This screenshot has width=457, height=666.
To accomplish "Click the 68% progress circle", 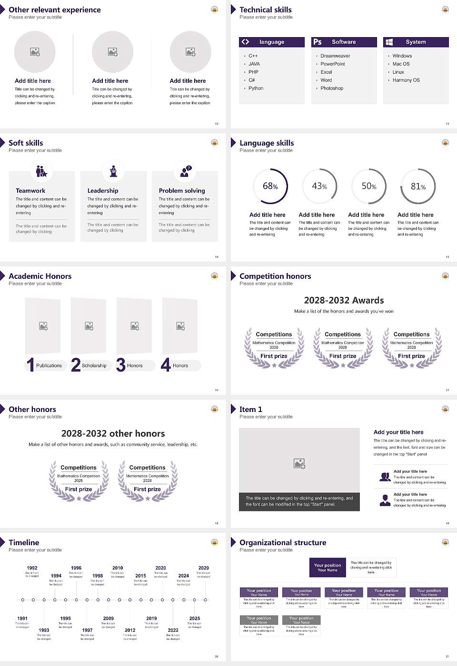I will tap(270, 186).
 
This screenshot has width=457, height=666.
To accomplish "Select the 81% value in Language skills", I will tap(418, 186).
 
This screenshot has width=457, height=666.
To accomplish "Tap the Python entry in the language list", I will tap(256, 88).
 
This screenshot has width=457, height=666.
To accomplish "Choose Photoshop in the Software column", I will tap(331, 88).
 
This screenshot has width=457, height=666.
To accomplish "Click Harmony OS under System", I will tap(406, 80).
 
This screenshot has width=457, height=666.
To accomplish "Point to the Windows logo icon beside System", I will tap(389, 42).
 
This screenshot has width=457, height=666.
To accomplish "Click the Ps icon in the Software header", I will tap(318, 42).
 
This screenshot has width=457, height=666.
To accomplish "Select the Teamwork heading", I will tap(30, 191).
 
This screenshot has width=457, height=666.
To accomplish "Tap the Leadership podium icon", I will tap(113, 171).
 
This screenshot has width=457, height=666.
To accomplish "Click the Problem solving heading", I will tap(182, 191).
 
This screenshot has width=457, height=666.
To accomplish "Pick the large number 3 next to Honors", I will tap(120, 365).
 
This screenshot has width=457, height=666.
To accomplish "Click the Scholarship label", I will tap(94, 366).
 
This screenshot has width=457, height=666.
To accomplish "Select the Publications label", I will tap(49, 366).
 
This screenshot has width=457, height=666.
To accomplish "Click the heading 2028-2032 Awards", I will tap(344, 301).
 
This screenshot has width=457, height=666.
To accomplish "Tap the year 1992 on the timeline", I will tap(32, 568).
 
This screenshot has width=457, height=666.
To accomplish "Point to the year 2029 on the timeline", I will tap(203, 568).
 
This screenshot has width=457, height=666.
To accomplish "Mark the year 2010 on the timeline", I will tap(118, 568).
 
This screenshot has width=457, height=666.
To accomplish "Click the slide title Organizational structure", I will tap(283, 543).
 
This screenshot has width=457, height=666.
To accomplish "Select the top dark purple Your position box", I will tap(328, 568).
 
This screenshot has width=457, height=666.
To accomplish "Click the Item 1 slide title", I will tap(250, 410).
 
